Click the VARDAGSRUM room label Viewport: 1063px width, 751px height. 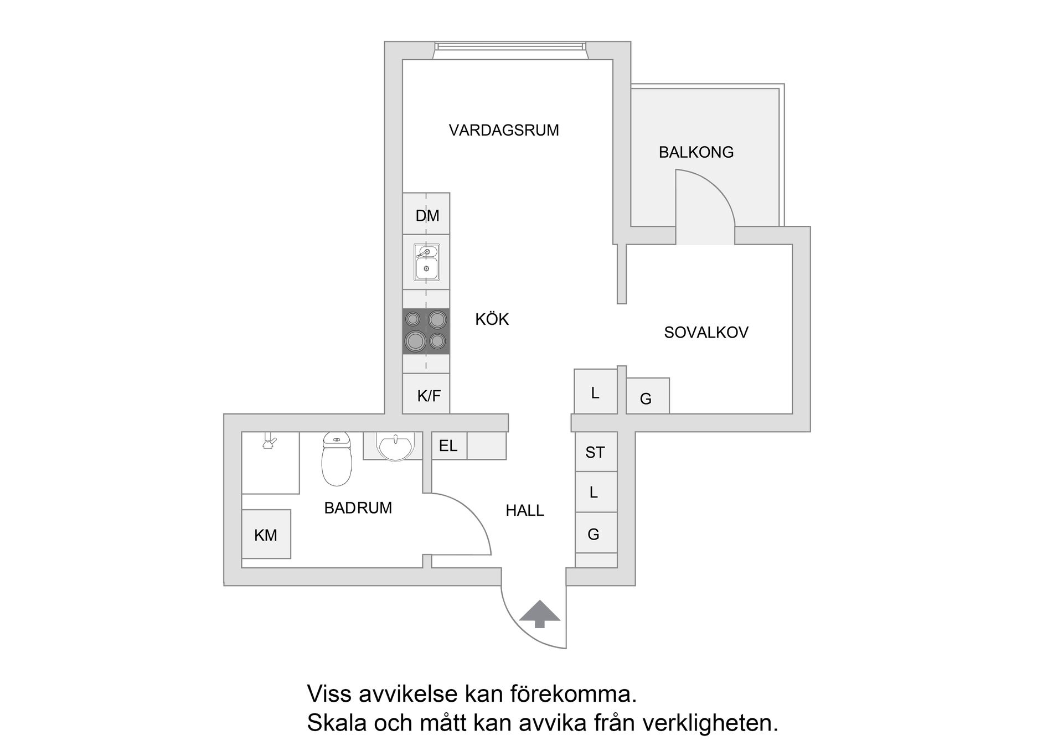click(x=503, y=131)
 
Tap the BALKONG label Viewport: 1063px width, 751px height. click(x=696, y=152)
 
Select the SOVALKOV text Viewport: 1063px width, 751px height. click(x=706, y=333)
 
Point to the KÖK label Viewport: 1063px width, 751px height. click(x=492, y=319)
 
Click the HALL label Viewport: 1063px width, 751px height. click(x=524, y=510)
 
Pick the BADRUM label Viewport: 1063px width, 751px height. click(x=358, y=508)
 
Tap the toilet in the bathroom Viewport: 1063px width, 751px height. click(x=336, y=459)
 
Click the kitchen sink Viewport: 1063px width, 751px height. click(x=426, y=262)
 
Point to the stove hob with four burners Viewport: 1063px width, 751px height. click(x=426, y=332)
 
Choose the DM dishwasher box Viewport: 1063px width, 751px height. click(x=427, y=216)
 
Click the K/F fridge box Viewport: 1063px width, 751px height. click(x=429, y=396)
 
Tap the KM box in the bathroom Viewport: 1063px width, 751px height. click(x=266, y=535)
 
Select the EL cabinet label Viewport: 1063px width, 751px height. click(x=448, y=446)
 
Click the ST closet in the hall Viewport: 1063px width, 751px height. click(x=595, y=452)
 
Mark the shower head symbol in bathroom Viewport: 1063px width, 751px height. click(x=270, y=443)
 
